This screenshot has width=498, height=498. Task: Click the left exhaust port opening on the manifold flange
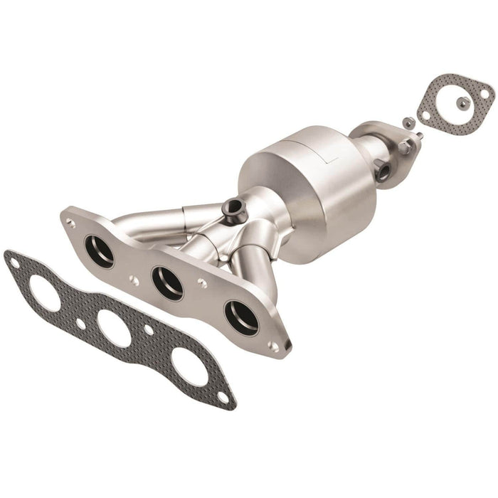(x=99, y=251)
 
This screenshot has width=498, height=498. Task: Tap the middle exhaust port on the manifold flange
(x=168, y=282)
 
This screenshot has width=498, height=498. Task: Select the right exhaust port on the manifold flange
(x=241, y=317)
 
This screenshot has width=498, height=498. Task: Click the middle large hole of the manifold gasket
(x=115, y=328)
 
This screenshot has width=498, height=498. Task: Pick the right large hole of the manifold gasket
(x=189, y=367)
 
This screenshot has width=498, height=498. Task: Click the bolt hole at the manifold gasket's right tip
(x=223, y=396)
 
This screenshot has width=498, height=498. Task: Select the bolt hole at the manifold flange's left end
(x=70, y=222)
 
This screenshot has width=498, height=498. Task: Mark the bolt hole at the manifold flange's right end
(x=273, y=346)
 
